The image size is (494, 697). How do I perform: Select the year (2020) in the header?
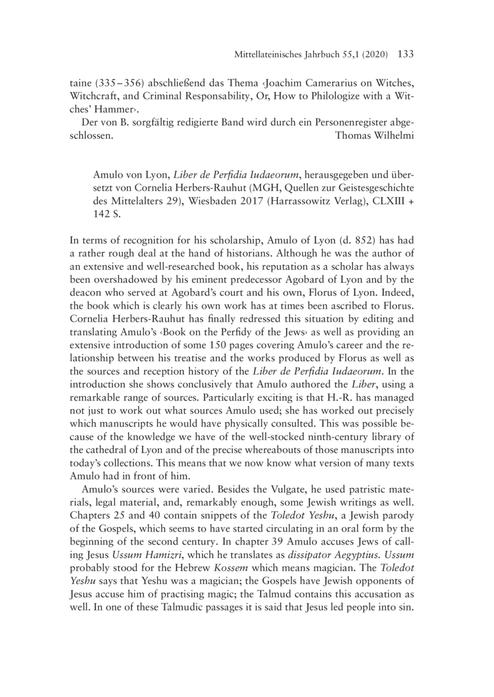click(x=372, y=56)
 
